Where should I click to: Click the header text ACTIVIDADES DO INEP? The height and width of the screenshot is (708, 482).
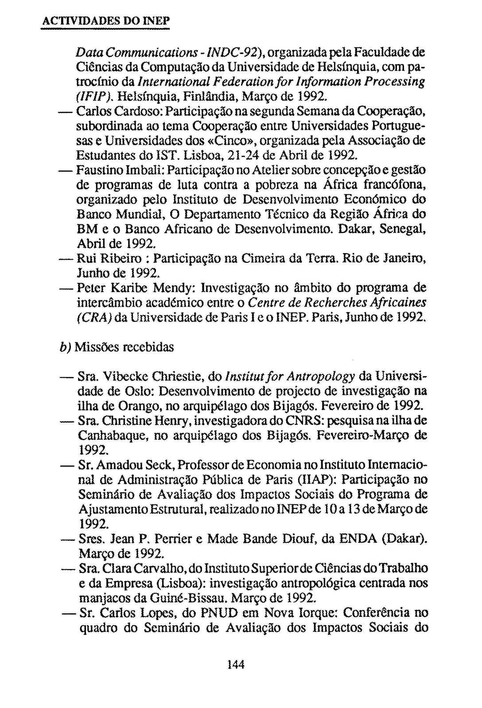click(x=105, y=21)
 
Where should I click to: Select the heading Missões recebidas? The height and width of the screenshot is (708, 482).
click(x=124, y=347)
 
